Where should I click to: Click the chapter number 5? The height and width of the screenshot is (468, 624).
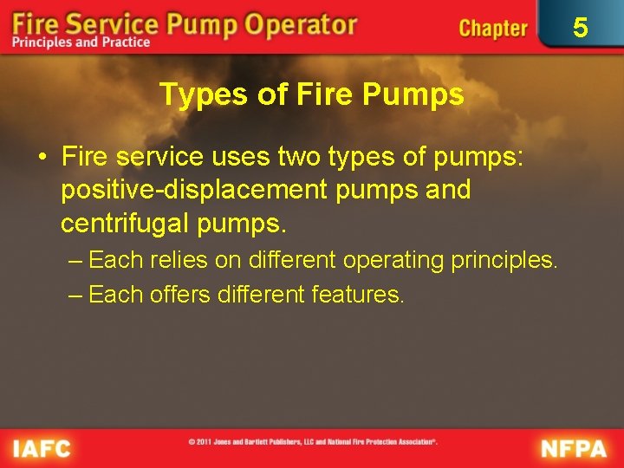tap(581, 29)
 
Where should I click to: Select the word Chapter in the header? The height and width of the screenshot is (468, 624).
tap(493, 29)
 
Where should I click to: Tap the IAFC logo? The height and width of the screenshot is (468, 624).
tap(41, 448)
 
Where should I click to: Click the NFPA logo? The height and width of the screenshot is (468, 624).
tap(575, 448)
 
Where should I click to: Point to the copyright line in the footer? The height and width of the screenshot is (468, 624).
tap(313, 442)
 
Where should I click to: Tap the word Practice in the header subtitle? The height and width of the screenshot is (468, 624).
tap(123, 42)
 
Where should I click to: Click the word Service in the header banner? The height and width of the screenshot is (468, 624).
tap(113, 23)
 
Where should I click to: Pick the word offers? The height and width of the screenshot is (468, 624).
tap(180, 295)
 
